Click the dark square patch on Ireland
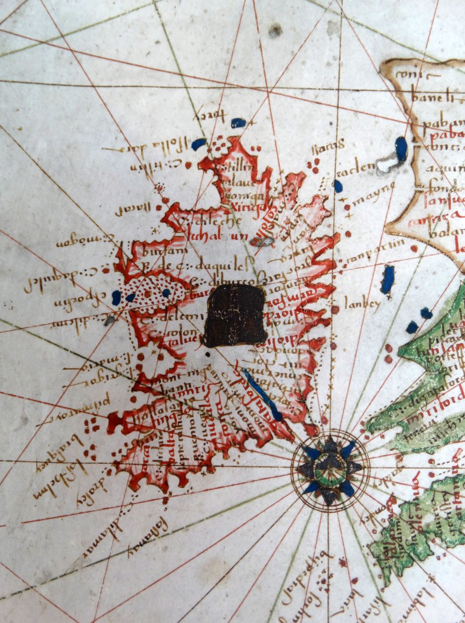click(236, 315)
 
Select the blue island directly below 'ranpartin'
click(388, 279)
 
